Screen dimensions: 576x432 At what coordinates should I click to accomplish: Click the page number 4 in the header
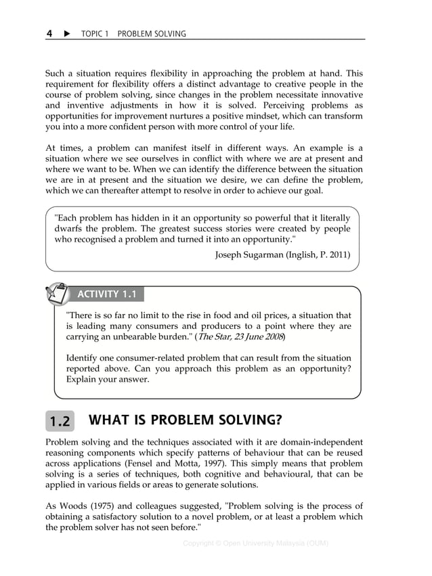pos(49,33)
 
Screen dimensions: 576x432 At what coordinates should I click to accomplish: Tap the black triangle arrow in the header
pos(67,33)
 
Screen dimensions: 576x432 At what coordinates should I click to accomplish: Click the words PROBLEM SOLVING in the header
pos(152,34)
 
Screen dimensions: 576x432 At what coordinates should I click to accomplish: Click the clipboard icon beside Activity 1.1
pos(58,294)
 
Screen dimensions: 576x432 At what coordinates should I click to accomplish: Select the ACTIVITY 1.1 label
pos(107,294)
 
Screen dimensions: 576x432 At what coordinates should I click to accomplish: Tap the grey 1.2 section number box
pos(60,421)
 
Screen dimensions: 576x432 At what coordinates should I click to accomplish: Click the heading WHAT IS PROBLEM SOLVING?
pos(185,420)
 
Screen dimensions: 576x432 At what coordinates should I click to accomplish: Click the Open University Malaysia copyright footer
pos(255,543)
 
